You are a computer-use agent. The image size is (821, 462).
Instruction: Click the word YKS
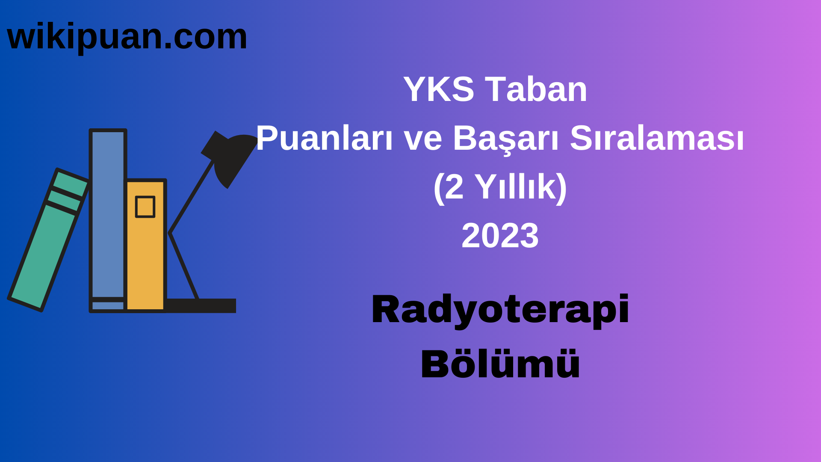click(439, 89)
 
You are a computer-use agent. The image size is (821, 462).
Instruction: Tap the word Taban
click(536, 89)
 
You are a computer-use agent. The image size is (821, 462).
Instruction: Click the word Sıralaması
click(657, 139)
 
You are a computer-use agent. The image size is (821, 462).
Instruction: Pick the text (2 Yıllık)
click(500, 187)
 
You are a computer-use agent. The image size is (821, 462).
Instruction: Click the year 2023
click(500, 236)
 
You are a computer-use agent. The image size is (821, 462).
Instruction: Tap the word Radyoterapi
click(500, 310)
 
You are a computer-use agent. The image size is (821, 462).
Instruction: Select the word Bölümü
click(500, 364)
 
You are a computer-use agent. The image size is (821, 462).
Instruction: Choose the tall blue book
click(108, 214)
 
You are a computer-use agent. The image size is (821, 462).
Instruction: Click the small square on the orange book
click(145, 207)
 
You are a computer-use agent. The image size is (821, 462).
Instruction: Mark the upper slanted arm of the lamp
click(192, 197)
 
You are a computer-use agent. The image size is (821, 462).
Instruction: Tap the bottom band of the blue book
click(108, 305)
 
